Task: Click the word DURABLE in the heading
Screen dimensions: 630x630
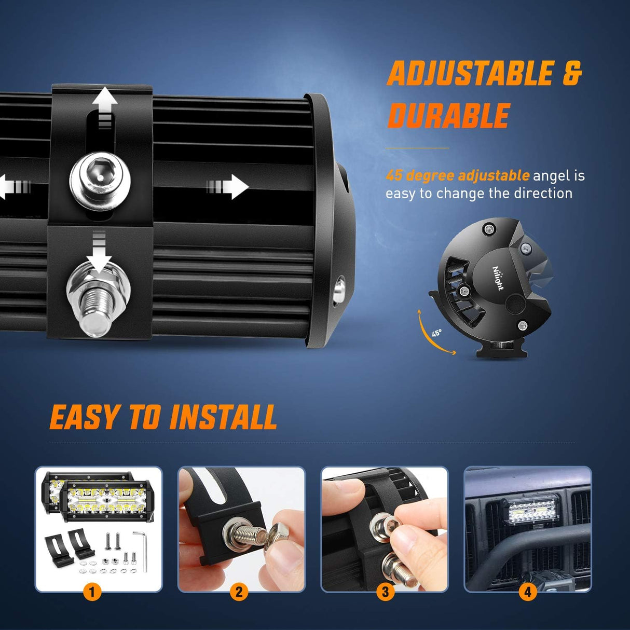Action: click(449, 115)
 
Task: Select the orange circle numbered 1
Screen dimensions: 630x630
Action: click(92, 592)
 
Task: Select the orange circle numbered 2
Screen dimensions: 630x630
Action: click(239, 592)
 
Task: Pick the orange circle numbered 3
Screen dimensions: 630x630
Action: click(385, 592)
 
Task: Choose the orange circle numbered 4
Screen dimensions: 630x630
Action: click(528, 592)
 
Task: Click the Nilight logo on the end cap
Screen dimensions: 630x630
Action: click(498, 278)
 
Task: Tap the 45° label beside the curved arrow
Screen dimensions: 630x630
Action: click(436, 333)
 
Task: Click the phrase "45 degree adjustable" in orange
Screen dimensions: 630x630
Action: click(457, 176)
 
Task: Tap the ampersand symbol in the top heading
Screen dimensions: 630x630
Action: click(572, 73)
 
